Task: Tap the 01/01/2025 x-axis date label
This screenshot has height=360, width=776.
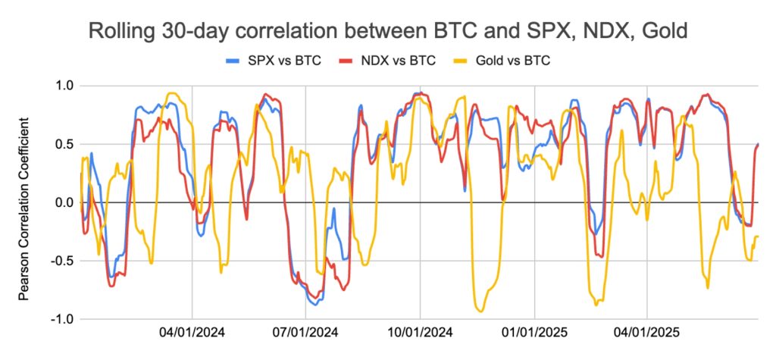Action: [x=533, y=332]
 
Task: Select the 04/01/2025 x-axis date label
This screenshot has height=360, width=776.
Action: [x=646, y=332]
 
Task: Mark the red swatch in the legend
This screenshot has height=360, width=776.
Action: [x=347, y=61]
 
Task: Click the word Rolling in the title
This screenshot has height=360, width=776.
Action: [x=122, y=32]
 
